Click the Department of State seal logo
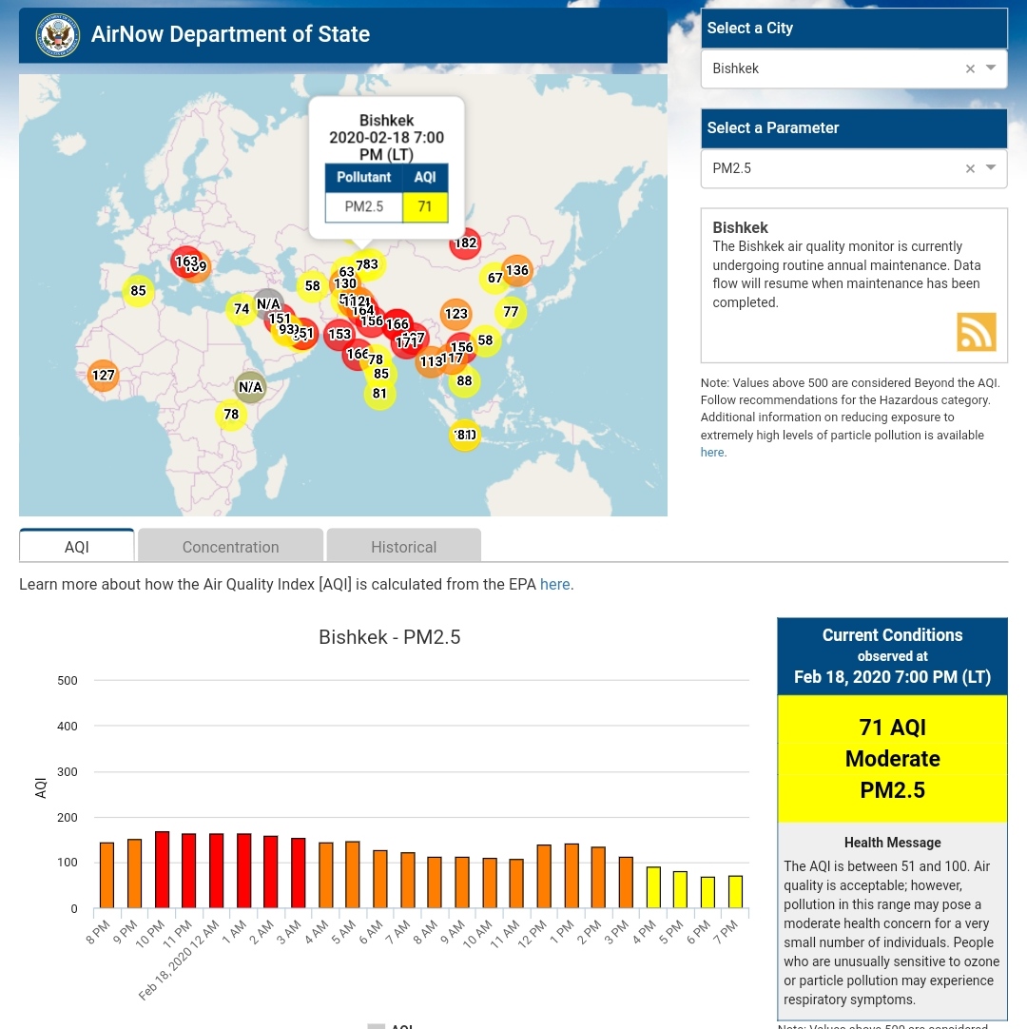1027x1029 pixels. [x=57, y=35]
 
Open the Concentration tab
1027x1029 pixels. [x=230, y=547]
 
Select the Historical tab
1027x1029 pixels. [x=403, y=547]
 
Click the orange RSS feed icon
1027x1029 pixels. [x=976, y=332]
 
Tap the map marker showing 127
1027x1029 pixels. [x=103, y=376]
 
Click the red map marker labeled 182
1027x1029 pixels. [x=465, y=243]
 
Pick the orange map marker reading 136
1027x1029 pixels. [x=516, y=270]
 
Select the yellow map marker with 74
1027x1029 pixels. [x=242, y=309]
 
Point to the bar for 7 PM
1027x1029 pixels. [x=735, y=891]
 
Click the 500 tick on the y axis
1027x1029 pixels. [x=67, y=681]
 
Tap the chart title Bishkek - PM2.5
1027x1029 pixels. [x=389, y=637]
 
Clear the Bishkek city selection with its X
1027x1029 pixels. [x=970, y=68]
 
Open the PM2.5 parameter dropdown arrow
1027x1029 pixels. [x=991, y=167]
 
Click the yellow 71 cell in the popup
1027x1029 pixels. [x=425, y=206]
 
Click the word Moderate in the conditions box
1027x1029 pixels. [x=892, y=759]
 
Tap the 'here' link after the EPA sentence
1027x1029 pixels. [x=554, y=584]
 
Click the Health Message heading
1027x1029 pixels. [x=892, y=843]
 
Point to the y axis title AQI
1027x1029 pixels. [x=41, y=787]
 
